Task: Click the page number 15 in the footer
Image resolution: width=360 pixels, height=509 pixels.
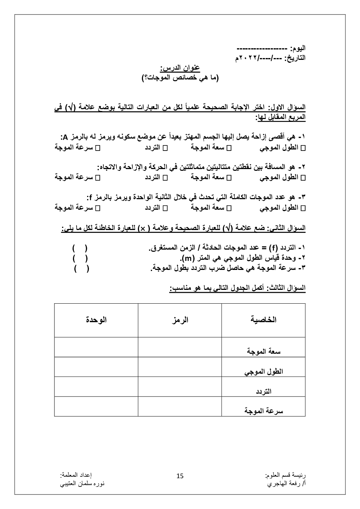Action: coord(180,476)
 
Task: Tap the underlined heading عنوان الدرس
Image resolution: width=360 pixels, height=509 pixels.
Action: coord(180,68)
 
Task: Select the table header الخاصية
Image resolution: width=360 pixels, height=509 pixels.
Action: coord(263,320)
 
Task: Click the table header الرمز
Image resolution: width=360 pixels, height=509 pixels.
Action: coord(180,320)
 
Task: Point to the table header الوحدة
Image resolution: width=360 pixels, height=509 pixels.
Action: coord(96,320)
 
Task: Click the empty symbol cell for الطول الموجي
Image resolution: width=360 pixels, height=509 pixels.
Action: coord(180,367)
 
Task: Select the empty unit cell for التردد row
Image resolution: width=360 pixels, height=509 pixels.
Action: coord(96,387)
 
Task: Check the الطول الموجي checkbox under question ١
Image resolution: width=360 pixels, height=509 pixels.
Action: coord(303,148)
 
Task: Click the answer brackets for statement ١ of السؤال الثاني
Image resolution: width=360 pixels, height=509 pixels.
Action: coord(80,248)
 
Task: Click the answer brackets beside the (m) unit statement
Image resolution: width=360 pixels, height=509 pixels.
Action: coord(80,258)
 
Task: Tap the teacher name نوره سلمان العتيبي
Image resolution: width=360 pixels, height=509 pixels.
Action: coord(82,484)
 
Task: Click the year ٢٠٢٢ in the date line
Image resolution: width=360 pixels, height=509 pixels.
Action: coord(249,58)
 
